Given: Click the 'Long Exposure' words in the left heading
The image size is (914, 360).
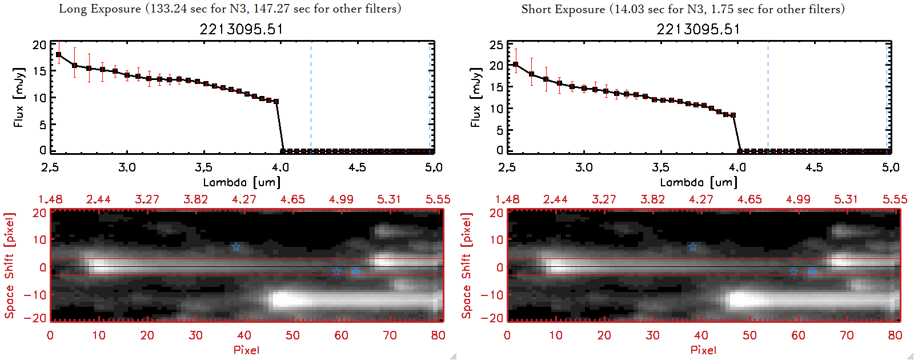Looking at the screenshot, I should pyautogui.click(x=100, y=9).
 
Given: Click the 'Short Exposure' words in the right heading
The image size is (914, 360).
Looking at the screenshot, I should pyautogui.click(x=563, y=9).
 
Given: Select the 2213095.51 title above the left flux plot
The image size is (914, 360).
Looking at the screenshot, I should pyautogui.click(x=241, y=29).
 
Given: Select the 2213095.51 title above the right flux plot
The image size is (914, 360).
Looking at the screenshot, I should pyautogui.click(x=698, y=29).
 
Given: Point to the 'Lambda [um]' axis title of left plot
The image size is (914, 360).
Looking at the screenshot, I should pyautogui.click(x=242, y=182).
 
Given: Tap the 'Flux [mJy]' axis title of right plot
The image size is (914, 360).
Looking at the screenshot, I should pyautogui.click(x=475, y=97).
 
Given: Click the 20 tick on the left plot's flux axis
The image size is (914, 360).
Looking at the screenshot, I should pyautogui.click(x=39, y=45).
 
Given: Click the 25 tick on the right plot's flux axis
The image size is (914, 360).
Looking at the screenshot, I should pyautogui.click(x=496, y=45).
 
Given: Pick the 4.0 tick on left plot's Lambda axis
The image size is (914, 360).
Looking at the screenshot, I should pyautogui.click(x=280, y=167).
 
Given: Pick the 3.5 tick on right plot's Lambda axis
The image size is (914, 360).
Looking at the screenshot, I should pyautogui.click(x=660, y=167).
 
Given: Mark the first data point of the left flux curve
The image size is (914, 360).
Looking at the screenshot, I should pyautogui.click(x=58, y=55).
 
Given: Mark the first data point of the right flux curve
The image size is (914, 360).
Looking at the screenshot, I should pyautogui.click(x=515, y=65).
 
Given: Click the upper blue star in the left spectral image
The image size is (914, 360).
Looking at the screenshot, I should pyautogui.click(x=235, y=247).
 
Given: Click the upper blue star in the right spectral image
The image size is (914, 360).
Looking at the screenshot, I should pyautogui.click(x=692, y=247).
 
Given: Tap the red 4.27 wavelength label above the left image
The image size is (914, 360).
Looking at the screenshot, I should pyautogui.click(x=244, y=199).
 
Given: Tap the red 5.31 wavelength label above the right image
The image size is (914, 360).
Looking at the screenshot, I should pyautogui.click(x=846, y=199).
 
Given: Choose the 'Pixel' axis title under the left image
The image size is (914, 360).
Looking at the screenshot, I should pyautogui.click(x=246, y=350).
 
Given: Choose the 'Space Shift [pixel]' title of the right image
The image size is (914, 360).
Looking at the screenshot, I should pyautogui.click(x=466, y=266).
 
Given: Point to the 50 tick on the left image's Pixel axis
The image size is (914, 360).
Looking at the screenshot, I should pyautogui.click(x=292, y=335).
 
